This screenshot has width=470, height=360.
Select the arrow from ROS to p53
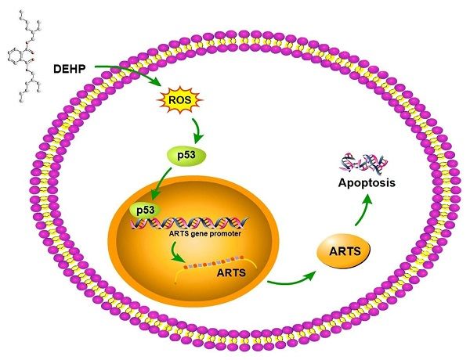click(x=189, y=125)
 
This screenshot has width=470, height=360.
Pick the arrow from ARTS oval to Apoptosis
click(x=365, y=215)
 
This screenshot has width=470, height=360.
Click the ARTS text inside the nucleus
click(x=231, y=273)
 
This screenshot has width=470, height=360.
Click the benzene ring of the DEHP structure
click(x=16, y=56)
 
